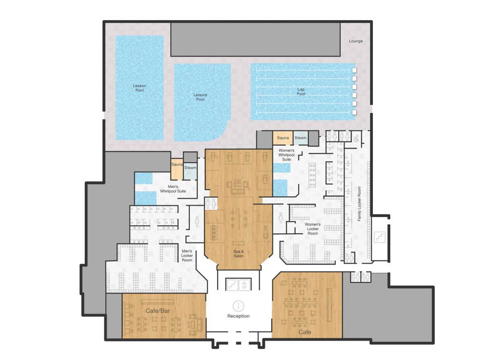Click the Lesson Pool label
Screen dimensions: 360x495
pos(140,88)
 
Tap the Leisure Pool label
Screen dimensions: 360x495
pos(200,97)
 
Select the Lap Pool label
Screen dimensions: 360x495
pos(301,91)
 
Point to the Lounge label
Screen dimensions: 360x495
pos(355,41)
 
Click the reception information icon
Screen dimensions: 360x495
pos(238,306)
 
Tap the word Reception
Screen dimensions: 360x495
pos(238,316)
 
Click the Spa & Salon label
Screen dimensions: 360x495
pos(238,253)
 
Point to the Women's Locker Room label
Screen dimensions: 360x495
pos(313,229)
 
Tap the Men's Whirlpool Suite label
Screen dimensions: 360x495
pos(173,189)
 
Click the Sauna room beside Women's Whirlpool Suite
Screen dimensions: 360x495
pos(283,138)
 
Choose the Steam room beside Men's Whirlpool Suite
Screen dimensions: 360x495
pos(190,168)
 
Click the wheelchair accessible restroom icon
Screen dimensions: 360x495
pos(356,139)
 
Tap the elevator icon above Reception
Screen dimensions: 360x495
pos(245,285)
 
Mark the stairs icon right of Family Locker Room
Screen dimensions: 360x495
pos(379,237)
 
